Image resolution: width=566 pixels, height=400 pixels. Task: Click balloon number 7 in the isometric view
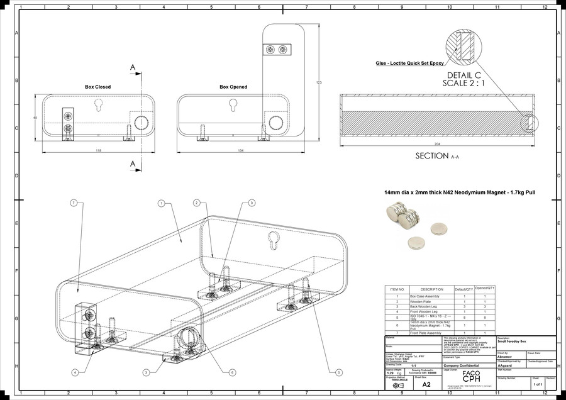pos(74,203)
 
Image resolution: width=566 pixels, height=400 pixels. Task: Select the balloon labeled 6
pos(232,372)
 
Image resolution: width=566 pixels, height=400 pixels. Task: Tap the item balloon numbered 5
pos(339,372)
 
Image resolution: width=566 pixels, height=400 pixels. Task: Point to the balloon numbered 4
pos(75,372)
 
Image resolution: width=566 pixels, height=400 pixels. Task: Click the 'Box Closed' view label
pos(97,87)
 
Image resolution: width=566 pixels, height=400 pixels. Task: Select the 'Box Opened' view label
pos(233,87)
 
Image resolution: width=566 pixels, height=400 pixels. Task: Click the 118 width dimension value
pos(98,151)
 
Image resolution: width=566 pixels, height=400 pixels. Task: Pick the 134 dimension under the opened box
pos(241,151)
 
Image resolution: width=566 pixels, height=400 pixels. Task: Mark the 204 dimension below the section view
pos(437,145)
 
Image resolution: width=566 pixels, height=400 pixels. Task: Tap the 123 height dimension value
pos(319,82)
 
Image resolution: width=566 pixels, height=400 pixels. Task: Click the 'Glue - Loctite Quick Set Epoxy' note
pos(409,64)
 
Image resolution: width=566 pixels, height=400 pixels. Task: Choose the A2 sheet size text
pos(426,384)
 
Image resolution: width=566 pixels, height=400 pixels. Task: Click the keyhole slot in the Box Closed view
pos(99,104)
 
